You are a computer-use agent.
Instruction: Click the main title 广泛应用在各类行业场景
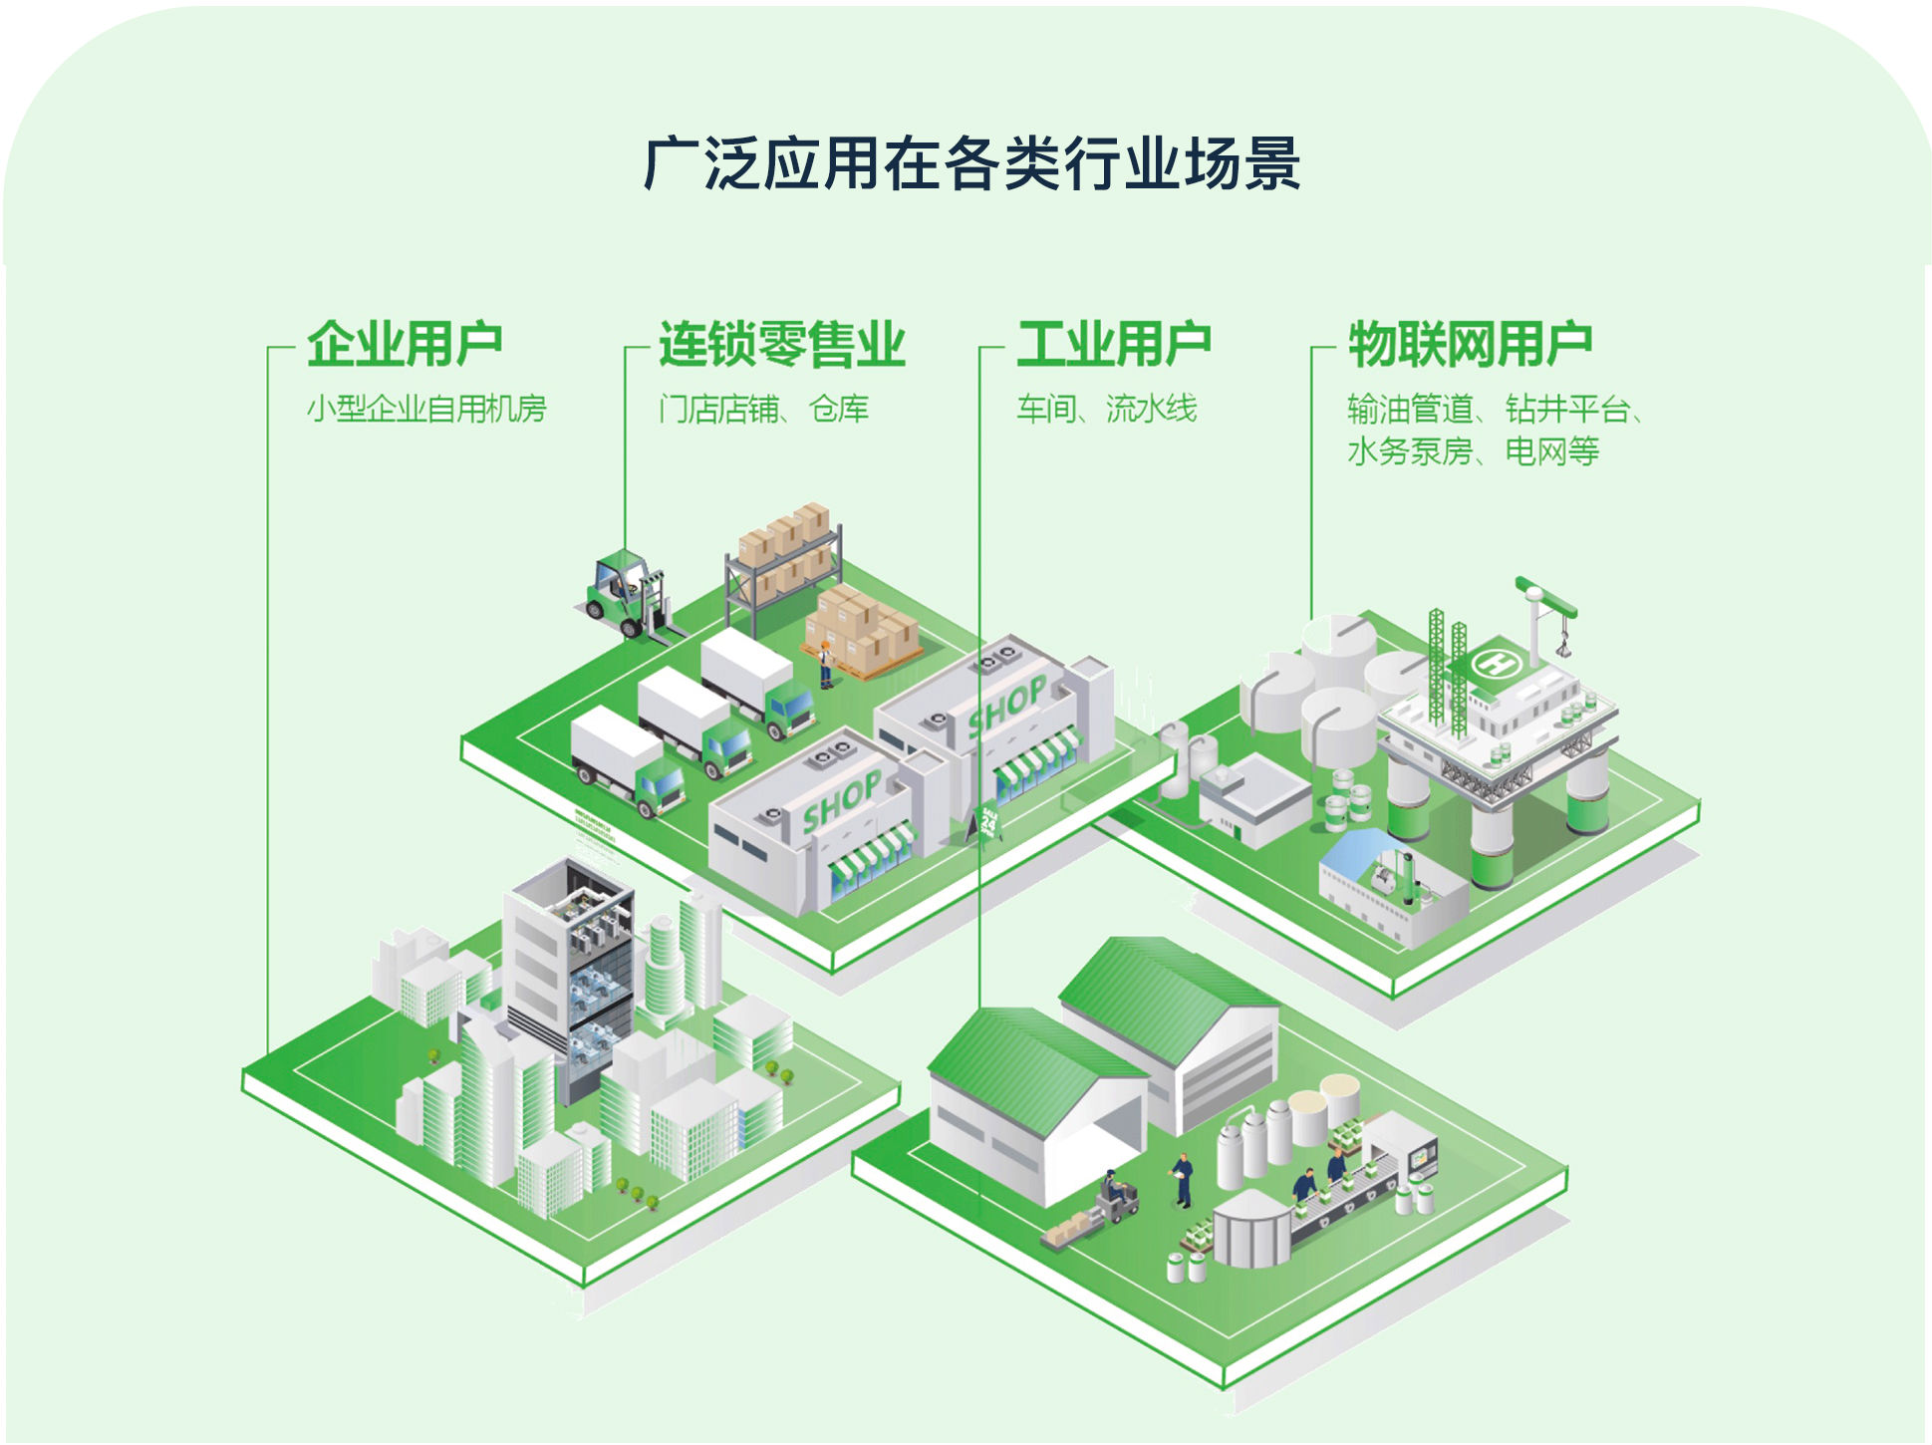point(971,163)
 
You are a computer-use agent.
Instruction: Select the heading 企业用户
point(404,345)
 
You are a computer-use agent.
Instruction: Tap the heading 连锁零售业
point(781,345)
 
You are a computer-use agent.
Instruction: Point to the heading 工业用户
point(1113,345)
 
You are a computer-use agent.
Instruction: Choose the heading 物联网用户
point(1470,345)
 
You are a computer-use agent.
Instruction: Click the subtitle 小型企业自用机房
point(426,409)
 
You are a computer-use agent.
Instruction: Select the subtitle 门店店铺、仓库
point(763,409)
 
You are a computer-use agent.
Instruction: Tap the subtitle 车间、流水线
point(1106,409)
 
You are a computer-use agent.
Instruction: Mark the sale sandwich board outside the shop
point(986,822)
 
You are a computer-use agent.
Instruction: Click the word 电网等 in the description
point(1551,451)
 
